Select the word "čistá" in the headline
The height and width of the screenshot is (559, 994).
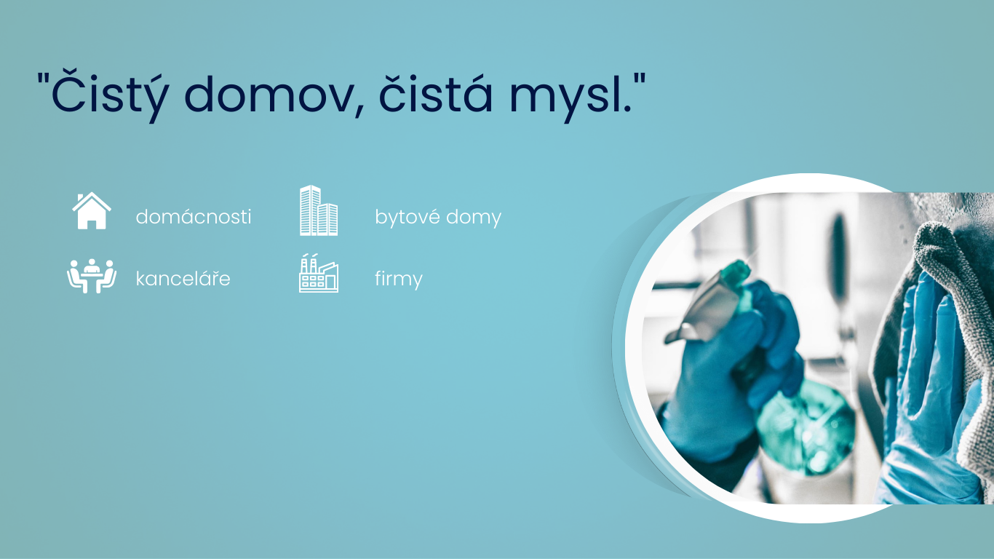point(435,92)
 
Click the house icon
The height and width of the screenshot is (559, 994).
point(92,211)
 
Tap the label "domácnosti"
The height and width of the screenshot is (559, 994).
point(194,217)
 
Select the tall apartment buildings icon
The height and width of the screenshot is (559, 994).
point(319,210)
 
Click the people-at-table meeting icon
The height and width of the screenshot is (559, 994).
point(92,276)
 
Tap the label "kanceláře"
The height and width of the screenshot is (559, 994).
point(183,278)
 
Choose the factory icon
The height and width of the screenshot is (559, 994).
point(319,273)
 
